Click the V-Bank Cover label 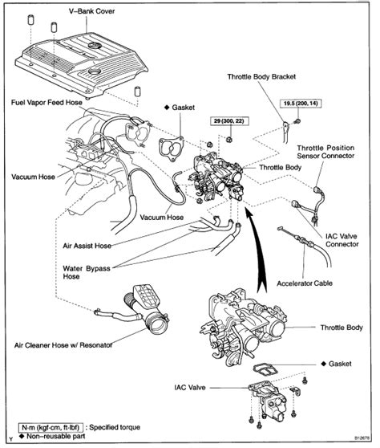click(91, 11)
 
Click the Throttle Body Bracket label click(261, 76)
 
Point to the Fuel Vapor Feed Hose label click(46, 102)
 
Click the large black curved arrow click(257, 250)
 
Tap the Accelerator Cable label click(305, 283)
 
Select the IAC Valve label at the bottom click(190, 388)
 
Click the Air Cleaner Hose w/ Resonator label click(63, 345)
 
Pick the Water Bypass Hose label click(87, 272)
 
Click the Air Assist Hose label click(87, 246)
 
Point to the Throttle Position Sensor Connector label click(325, 152)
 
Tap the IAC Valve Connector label click(342, 240)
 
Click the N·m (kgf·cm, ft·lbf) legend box click(51, 427)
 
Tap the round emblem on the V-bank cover click(95, 46)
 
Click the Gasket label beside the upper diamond click(183, 108)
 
